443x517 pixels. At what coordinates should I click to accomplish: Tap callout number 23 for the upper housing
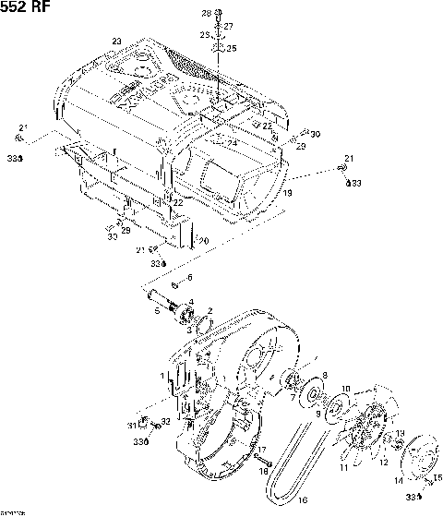116,42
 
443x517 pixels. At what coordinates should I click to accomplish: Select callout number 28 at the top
206,12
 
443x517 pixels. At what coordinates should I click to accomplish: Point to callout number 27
228,26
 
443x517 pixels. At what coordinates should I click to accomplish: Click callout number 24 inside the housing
233,142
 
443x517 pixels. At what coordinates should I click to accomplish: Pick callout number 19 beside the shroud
288,193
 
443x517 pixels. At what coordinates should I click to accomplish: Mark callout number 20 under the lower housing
205,242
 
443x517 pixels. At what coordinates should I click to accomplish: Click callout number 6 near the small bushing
189,277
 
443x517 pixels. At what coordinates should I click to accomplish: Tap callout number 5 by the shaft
157,312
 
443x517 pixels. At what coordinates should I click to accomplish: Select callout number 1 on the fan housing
162,377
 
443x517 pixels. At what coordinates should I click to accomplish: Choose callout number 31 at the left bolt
133,425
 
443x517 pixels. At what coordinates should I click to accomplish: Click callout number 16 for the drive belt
301,500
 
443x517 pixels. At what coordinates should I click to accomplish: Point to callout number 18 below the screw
262,472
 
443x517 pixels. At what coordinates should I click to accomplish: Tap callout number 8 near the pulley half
325,375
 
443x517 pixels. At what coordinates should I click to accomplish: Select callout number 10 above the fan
346,390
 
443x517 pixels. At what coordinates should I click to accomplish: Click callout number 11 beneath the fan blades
342,469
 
